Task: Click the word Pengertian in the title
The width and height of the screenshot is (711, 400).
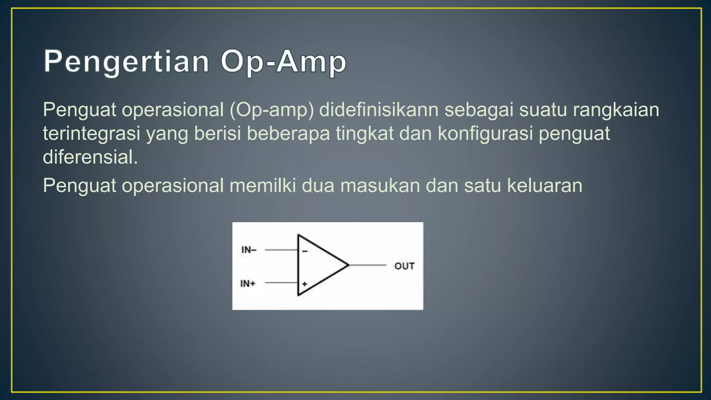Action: click(126, 61)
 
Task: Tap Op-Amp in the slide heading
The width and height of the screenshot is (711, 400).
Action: click(283, 61)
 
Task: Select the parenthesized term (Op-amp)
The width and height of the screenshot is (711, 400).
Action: click(271, 110)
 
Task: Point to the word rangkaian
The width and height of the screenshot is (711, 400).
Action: click(616, 110)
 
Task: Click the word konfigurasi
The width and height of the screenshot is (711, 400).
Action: click(485, 134)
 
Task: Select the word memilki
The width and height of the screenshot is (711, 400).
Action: click(263, 186)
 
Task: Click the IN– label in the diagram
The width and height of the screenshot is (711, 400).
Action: click(249, 250)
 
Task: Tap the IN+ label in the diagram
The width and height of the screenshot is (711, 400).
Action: click(248, 284)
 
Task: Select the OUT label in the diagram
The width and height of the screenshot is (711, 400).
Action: click(404, 266)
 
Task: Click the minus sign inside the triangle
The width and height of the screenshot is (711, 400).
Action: click(305, 251)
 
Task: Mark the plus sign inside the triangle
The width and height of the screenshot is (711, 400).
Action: click(304, 284)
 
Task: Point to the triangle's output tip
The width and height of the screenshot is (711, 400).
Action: click(348, 265)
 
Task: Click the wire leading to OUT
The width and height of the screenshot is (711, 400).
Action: click(368, 265)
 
